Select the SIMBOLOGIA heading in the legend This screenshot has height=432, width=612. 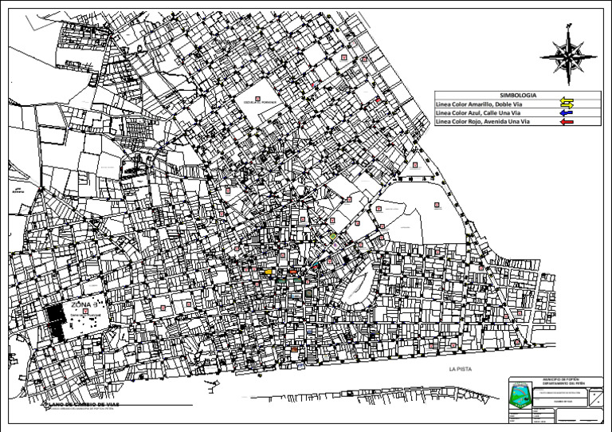512,96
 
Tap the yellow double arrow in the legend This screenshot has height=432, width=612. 567,104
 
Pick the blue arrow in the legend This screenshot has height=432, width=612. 567,113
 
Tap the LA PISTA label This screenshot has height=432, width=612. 461,369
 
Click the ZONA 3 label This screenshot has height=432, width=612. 84,304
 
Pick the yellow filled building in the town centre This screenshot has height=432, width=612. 269,272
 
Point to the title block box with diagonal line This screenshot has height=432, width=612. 594,398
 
